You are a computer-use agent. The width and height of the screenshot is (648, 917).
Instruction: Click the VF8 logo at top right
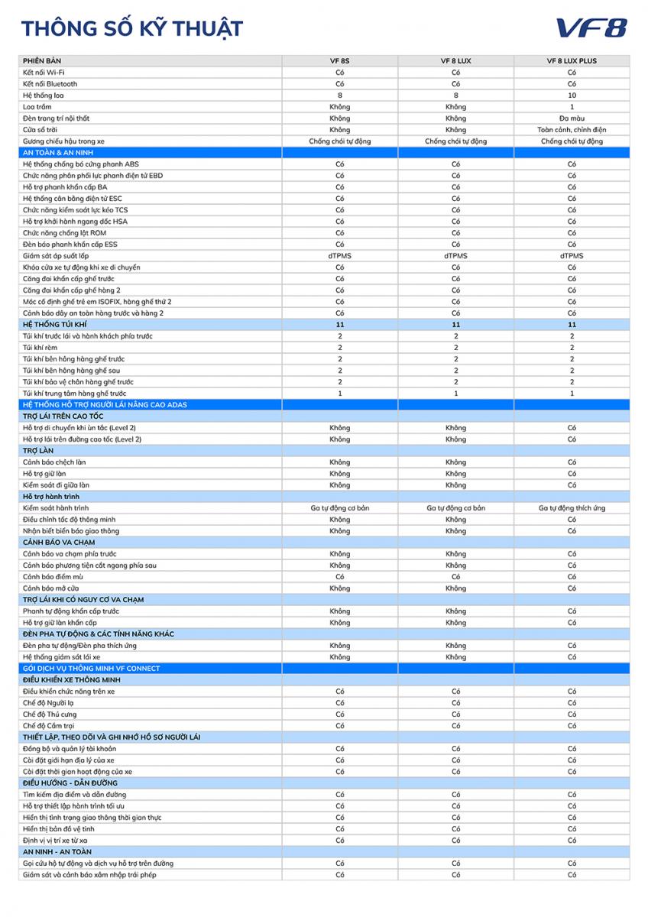coord(591,28)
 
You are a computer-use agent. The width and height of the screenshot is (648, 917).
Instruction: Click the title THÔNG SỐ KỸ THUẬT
coord(132,29)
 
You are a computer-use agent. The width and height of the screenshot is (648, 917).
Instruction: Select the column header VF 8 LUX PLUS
coord(572,61)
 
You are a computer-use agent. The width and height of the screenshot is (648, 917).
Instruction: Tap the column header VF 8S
coord(340,61)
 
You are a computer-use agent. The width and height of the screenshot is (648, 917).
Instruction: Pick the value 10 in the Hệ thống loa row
coord(572,96)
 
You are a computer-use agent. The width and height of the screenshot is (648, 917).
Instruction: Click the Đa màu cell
coord(572,118)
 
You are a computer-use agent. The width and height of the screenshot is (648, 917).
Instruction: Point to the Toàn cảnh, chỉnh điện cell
coord(572,130)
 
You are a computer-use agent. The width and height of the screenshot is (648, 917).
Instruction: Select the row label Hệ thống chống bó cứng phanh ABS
coord(81,164)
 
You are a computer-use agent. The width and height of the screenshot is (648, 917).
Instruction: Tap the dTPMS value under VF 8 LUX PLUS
coord(572,256)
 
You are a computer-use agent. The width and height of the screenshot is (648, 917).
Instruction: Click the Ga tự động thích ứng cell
coord(572,508)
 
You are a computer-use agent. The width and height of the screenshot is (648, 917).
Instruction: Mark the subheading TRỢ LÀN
coord(38,451)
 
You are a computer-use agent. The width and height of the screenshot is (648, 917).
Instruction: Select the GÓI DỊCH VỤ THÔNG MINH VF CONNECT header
coord(91,669)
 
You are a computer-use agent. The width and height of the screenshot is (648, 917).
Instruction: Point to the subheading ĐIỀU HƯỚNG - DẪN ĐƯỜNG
coord(70,783)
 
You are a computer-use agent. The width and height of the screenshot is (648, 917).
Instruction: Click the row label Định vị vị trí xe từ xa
coord(66,841)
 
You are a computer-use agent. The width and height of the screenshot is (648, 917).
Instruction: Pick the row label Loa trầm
coord(38,107)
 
